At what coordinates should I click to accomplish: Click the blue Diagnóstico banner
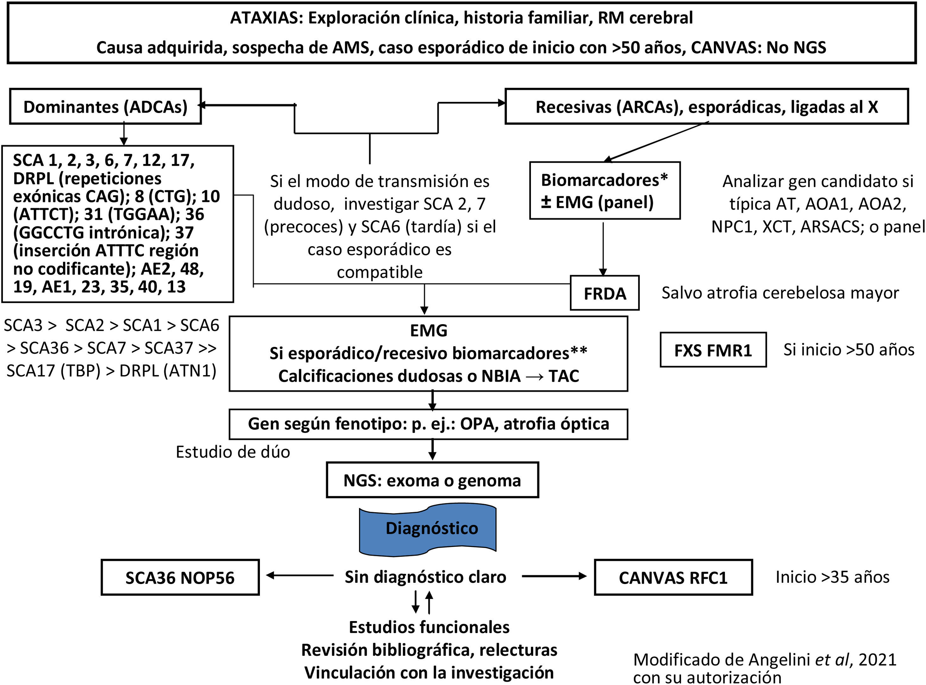click(428, 529)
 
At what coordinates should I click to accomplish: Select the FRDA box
click(604, 293)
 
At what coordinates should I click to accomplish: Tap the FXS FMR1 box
click(713, 350)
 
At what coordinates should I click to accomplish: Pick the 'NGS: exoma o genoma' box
click(432, 480)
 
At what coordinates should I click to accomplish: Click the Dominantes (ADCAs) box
click(105, 107)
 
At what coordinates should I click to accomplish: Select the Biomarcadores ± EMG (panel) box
click(604, 191)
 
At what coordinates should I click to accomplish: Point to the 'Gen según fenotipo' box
click(428, 424)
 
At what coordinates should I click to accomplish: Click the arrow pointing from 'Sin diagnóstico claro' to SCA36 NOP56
click(299, 575)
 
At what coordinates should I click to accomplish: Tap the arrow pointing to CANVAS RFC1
click(554, 576)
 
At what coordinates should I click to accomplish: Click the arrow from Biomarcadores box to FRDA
click(603, 249)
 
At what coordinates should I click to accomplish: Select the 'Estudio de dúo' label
click(233, 452)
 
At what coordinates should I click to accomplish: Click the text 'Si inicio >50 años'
click(848, 349)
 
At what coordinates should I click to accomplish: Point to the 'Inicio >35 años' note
click(832, 577)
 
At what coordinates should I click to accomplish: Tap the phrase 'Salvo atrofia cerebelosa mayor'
click(780, 293)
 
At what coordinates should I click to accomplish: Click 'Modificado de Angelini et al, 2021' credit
click(764, 660)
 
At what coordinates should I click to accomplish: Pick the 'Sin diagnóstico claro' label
click(425, 577)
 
